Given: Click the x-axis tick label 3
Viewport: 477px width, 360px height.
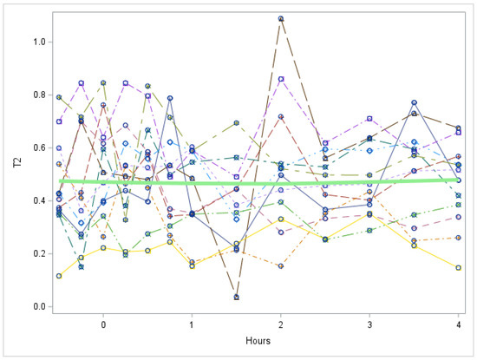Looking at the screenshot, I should tap(369, 324).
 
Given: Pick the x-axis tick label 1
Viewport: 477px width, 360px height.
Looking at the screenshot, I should tap(192, 324).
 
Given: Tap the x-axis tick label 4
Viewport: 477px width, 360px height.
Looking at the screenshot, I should tap(458, 324).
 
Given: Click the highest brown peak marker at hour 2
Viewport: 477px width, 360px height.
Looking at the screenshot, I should tap(281, 18).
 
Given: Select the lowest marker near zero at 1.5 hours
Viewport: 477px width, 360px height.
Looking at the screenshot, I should tap(237, 297).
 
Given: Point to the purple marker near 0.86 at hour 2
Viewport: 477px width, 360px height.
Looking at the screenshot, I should tap(281, 79).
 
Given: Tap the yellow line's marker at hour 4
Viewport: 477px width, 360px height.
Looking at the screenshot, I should tap(458, 267).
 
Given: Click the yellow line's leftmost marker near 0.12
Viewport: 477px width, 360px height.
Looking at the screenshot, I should tap(59, 276).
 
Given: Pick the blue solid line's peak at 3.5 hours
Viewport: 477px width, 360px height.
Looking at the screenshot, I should tap(414, 102).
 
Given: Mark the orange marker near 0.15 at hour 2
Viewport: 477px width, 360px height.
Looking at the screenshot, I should tap(281, 266).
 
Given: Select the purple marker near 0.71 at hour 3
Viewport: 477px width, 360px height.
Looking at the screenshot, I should tap(369, 118).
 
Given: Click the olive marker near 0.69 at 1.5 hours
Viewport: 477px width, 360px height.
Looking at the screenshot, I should tap(237, 123).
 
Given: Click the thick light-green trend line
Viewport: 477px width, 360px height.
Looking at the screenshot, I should tap(260, 182).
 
